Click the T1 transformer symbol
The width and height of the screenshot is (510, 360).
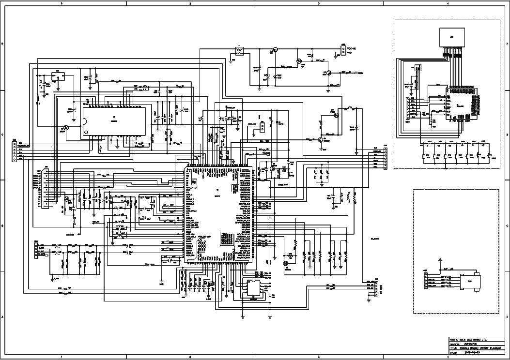tap(238, 51)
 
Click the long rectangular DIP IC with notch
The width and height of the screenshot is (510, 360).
tap(114, 121)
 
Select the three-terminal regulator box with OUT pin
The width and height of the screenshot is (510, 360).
tap(58, 76)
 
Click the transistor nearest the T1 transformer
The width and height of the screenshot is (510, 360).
tap(275, 49)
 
